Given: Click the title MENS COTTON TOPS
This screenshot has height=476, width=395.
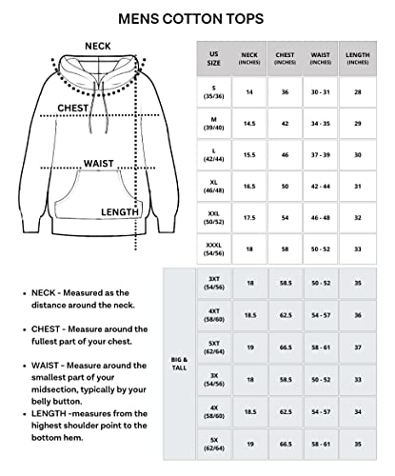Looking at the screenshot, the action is click(197, 17).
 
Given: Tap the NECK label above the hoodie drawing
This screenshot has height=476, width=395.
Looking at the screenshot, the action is click(96, 45).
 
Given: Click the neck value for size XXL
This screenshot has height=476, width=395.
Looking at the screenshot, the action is click(249, 217).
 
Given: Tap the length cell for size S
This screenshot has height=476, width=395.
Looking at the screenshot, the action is click(358, 90).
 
